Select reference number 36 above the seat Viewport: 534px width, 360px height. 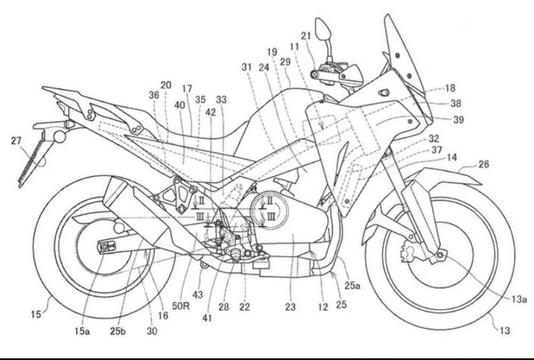click(x=154, y=94)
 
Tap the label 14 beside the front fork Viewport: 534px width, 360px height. click(x=452, y=158)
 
